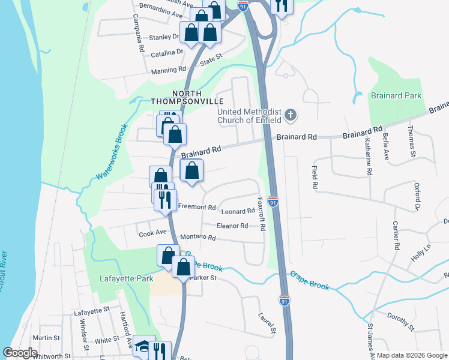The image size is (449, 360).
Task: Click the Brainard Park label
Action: point(396,95)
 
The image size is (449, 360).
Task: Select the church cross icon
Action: point(291,115)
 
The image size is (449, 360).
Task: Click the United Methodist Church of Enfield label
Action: point(249,116)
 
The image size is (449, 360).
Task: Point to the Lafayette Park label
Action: point(126,278)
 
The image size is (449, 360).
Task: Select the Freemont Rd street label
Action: point(197,207)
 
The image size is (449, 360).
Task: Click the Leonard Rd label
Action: point(238,211)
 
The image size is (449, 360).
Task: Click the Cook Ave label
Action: point(152,232)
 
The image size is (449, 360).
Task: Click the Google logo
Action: point(20,353)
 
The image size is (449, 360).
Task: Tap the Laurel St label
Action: point(267,323)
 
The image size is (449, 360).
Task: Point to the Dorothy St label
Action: point(401,321)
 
